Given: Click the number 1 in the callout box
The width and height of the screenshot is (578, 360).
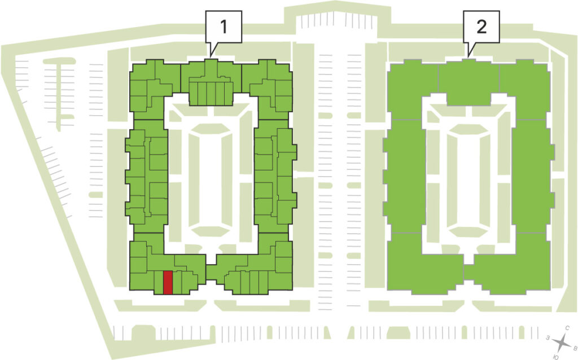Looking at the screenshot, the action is coord(224,27).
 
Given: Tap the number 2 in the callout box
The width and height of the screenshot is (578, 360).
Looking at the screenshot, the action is coord(481,27).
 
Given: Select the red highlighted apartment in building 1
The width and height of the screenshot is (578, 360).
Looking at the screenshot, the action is coord(168,283).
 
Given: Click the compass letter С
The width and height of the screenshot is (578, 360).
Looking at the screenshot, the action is coord(568,328).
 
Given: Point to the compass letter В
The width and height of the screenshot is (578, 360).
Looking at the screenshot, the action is coord(575,348).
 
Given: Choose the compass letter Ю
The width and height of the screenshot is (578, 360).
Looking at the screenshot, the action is coord(556,357).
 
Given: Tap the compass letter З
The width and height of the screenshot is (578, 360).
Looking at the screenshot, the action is coord(549,337).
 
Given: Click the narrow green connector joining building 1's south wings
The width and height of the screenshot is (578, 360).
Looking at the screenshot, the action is coord(211,273).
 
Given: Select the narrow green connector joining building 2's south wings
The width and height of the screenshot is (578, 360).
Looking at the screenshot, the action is coord(468,273).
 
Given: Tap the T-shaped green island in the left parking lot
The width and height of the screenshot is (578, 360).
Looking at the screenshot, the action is coord(59,92).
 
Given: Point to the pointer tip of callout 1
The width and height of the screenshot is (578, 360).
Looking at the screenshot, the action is coord(211,57).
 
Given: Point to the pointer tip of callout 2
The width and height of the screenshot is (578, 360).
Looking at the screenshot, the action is coord(468,57).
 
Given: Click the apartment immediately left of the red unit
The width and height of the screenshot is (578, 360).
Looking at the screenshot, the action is coord(159,283).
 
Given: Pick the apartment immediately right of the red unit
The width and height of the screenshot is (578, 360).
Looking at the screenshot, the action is coord(177,283).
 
